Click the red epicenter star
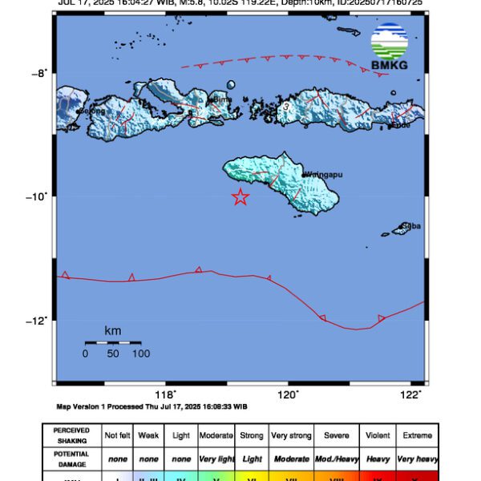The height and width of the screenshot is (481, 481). [x=240, y=196]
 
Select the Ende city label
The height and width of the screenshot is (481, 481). [x=401, y=124]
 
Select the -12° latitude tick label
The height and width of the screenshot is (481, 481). [x=40, y=321]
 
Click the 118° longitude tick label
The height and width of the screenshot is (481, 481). [x=165, y=394]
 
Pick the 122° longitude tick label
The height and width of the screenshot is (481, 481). [x=410, y=394]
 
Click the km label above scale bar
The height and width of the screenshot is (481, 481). [x=112, y=330]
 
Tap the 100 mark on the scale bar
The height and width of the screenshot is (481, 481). [x=141, y=354]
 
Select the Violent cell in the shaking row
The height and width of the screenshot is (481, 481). [x=377, y=435]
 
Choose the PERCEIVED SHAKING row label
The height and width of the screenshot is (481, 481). [x=71, y=435]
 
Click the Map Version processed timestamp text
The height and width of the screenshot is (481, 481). [x=152, y=406]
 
